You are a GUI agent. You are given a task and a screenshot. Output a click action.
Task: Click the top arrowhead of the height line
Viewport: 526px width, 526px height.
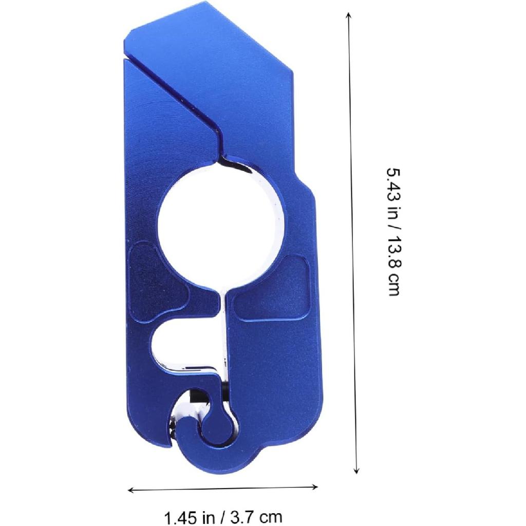349,15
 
